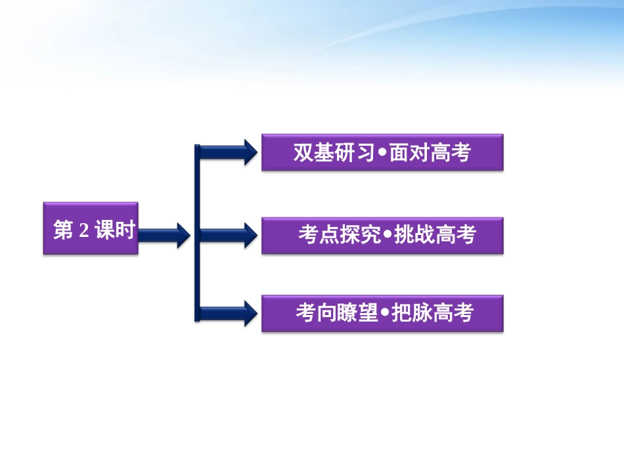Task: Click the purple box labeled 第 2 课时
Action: point(91,228)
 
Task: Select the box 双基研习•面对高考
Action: point(382,152)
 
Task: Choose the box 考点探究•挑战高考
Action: point(382,235)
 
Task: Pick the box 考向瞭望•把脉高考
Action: point(382,313)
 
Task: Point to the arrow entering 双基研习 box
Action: point(227,152)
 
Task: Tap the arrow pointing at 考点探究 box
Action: point(227,235)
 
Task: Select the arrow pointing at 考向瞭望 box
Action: point(227,313)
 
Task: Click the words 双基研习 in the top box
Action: point(334,153)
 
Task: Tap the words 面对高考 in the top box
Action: point(430,153)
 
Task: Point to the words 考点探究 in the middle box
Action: point(340,235)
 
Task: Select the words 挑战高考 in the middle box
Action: point(434,235)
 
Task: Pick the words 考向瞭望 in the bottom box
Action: point(337,313)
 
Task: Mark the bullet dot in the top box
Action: point(382,154)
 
